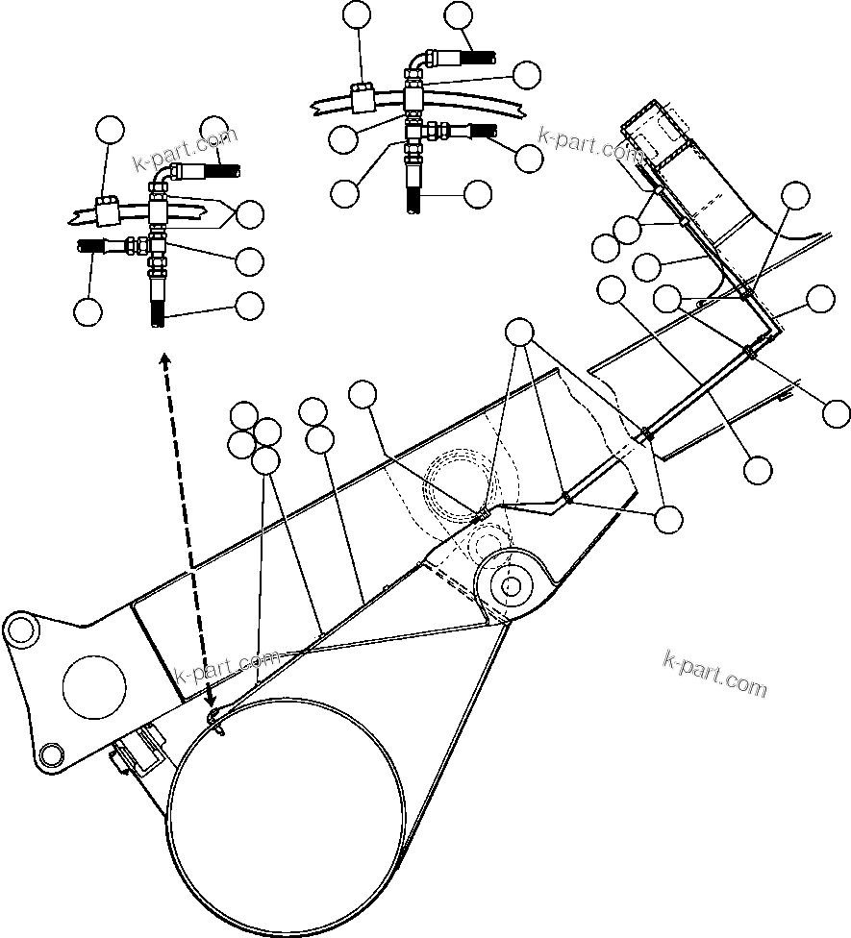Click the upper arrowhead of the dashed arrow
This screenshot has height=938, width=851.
(x=165, y=358)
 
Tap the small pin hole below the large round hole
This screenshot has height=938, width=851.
(x=48, y=753)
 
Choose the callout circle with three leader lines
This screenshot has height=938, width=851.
(x=520, y=332)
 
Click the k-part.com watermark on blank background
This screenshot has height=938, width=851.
(x=715, y=674)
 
